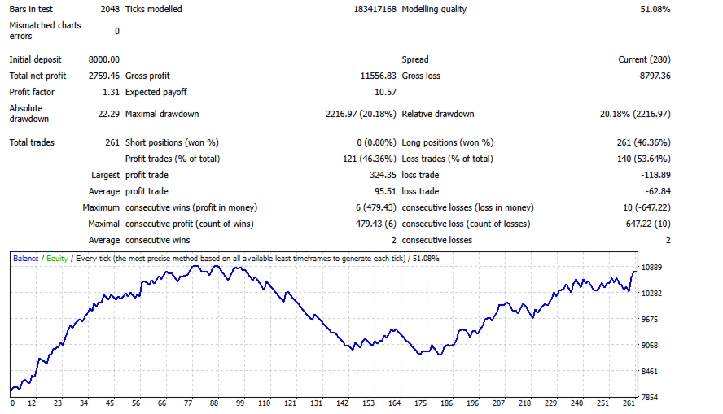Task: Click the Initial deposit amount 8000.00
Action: pyautogui.click(x=103, y=59)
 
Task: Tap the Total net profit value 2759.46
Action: pyautogui.click(x=103, y=76)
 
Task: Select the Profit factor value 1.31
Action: pyautogui.click(x=111, y=92)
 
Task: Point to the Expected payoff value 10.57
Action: pyautogui.click(x=385, y=92)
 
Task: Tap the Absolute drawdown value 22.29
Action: pyautogui.click(x=108, y=114)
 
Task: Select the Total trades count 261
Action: pyautogui.click(x=112, y=142)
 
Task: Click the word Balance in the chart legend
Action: pyautogui.click(x=25, y=258)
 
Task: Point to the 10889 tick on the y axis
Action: pyautogui.click(x=654, y=268)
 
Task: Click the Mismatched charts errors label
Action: pyautogui.click(x=45, y=30)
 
